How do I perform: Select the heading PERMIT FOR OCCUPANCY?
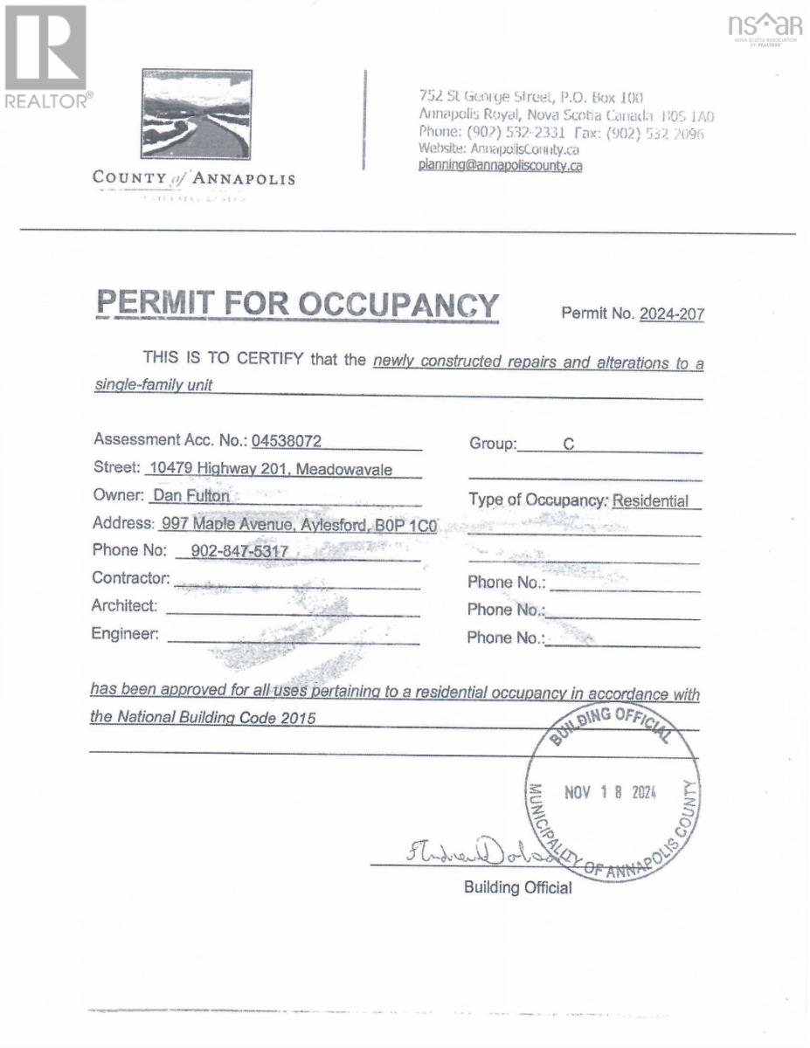tap(298, 305)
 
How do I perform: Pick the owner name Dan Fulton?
tap(190, 496)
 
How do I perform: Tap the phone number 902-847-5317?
tap(232, 552)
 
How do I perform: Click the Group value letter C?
tap(568, 444)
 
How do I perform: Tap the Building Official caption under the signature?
tap(518, 888)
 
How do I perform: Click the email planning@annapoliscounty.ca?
tap(500, 165)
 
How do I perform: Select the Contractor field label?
tap(130, 578)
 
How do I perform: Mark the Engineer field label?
tap(126, 634)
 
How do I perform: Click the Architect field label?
tap(125, 605)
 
